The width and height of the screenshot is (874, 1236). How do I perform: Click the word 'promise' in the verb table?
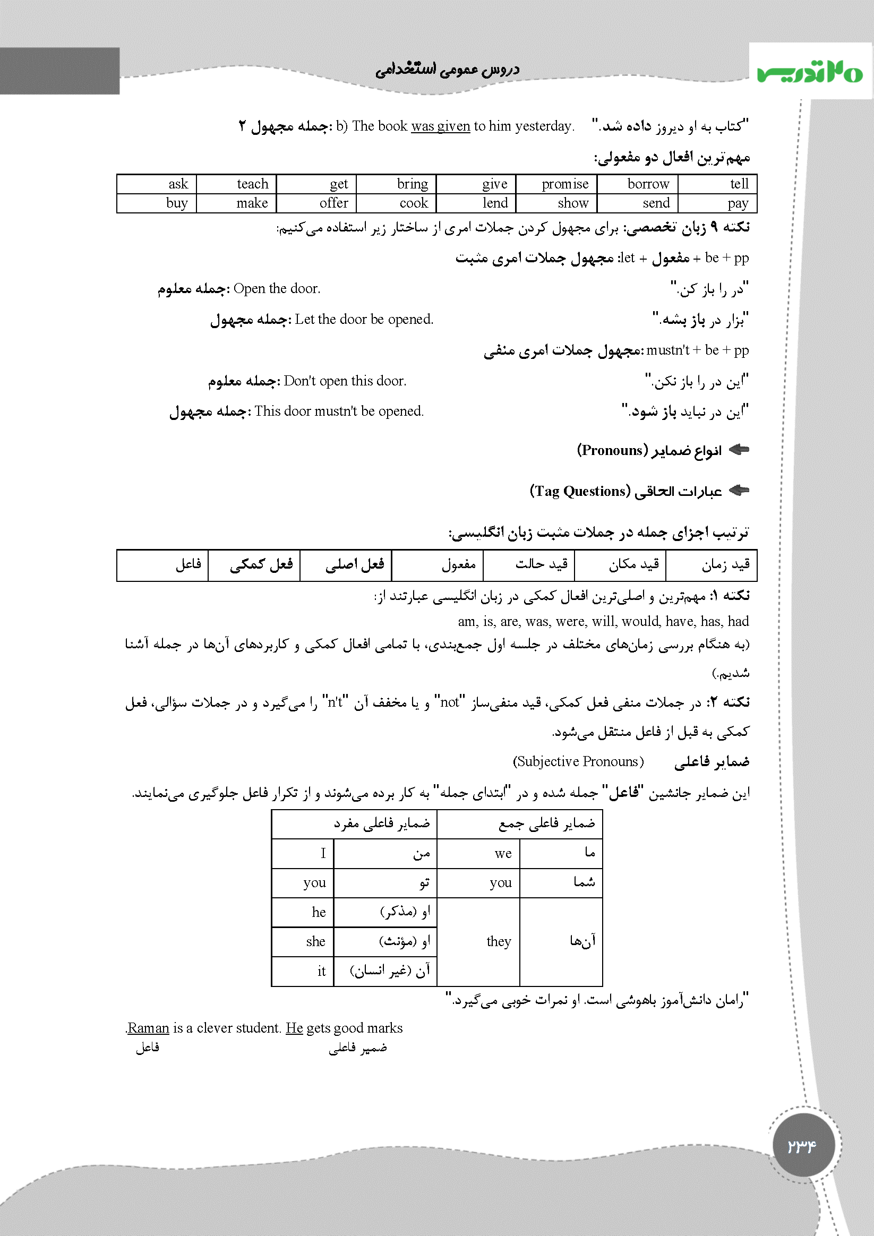(x=564, y=184)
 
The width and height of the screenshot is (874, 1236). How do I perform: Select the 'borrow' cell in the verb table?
(x=648, y=184)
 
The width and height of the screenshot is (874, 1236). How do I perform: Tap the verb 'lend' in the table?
(x=495, y=203)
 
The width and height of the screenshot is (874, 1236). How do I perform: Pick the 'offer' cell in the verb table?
(x=334, y=203)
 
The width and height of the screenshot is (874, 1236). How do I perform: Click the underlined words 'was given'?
(x=440, y=126)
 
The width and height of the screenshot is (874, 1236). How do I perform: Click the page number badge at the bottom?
(x=803, y=1145)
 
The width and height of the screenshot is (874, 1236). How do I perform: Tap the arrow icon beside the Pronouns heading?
(x=739, y=450)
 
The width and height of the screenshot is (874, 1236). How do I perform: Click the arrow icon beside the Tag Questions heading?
(x=739, y=491)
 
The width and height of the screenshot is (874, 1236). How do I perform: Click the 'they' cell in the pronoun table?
(x=499, y=941)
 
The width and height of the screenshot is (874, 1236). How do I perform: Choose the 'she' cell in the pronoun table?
(x=315, y=941)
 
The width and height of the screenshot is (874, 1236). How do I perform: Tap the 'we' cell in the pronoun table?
(x=503, y=853)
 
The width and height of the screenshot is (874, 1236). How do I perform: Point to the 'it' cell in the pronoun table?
(x=321, y=971)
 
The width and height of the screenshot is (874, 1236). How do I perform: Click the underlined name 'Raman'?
(x=149, y=1028)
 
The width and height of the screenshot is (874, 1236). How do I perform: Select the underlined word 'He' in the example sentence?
(x=294, y=1028)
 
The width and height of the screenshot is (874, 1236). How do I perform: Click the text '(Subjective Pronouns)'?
(x=578, y=761)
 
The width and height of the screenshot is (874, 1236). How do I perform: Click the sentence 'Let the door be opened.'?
(x=364, y=319)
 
